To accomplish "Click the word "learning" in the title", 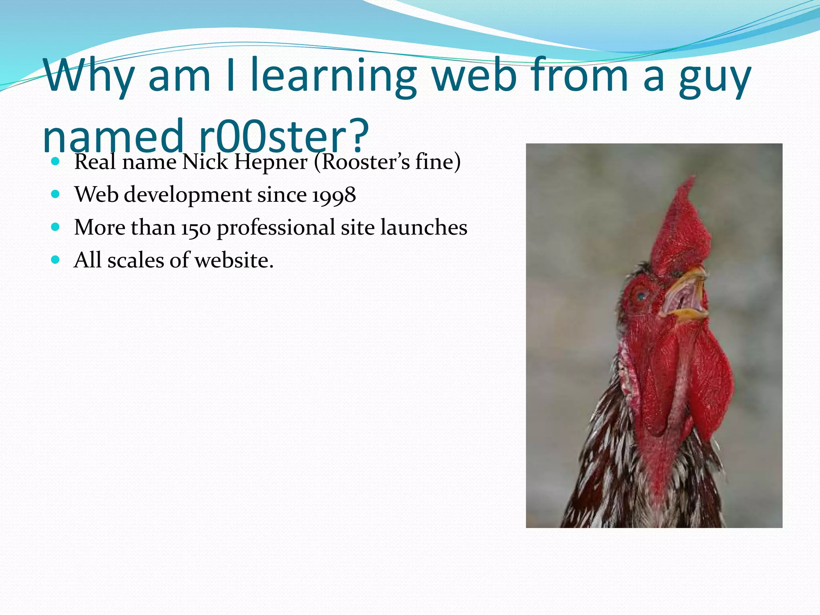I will [x=333, y=76].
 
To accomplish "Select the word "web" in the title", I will [x=475, y=76].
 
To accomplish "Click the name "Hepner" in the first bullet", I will [x=271, y=162].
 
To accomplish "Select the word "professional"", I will [x=276, y=228].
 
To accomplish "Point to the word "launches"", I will [x=424, y=227].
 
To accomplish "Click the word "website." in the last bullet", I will [x=234, y=261].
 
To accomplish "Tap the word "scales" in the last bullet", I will [x=136, y=261].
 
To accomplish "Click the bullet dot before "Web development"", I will [x=56, y=195].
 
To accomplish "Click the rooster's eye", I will [x=642, y=296].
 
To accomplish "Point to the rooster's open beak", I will [x=685, y=296].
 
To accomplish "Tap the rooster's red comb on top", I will [x=681, y=228].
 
